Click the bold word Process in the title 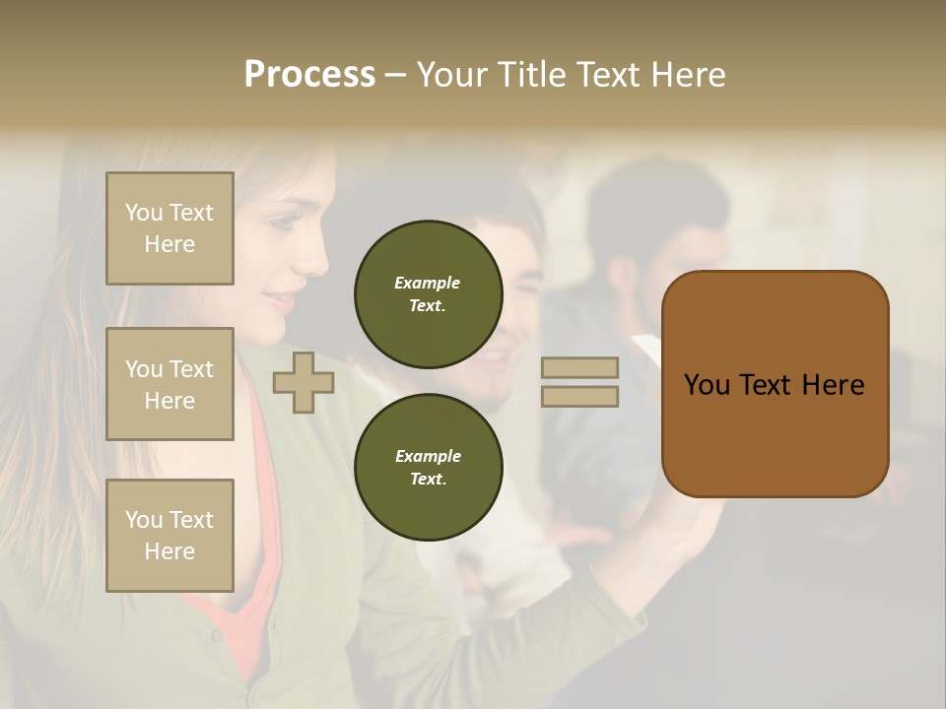(309, 75)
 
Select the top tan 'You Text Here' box (169, 228)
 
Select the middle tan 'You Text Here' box (169, 384)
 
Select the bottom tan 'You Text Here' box (169, 536)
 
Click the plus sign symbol (303, 383)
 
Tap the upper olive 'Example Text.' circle (428, 294)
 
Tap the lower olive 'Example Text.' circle (428, 468)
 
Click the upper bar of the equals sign (579, 368)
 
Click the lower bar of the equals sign (579, 397)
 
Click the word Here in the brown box (833, 385)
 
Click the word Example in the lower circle (428, 456)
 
